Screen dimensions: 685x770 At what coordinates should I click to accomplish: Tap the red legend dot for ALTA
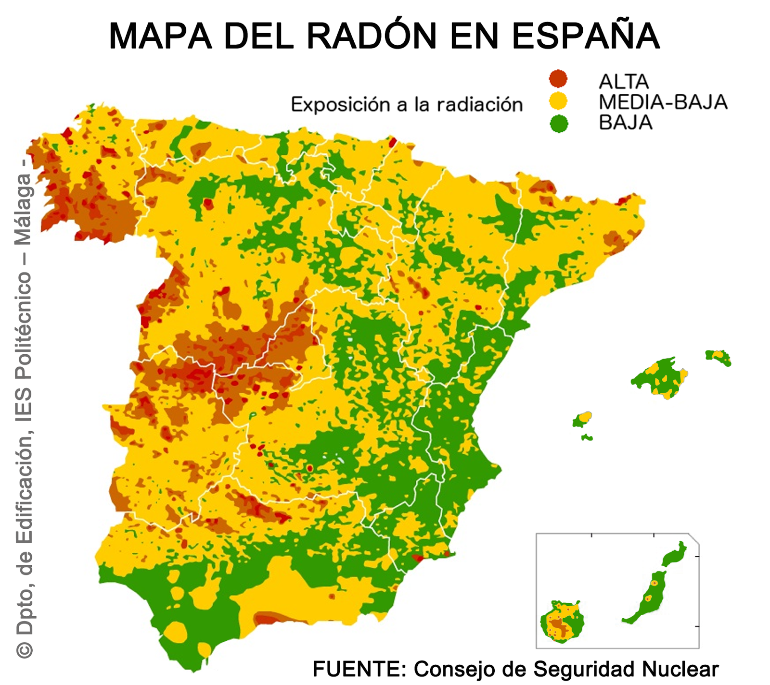[x=558, y=78]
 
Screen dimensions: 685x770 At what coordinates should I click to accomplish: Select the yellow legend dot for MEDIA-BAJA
[x=558, y=101]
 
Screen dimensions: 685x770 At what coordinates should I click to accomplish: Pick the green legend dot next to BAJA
[x=558, y=124]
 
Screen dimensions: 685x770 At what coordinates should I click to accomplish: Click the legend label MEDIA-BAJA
[x=663, y=102]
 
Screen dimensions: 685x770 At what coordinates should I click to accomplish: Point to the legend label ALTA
[x=624, y=82]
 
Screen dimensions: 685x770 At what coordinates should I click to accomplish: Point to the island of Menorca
[x=719, y=357]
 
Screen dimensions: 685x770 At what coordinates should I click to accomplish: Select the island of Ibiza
[x=582, y=420]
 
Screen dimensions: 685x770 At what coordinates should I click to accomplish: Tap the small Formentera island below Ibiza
[x=587, y=437]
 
